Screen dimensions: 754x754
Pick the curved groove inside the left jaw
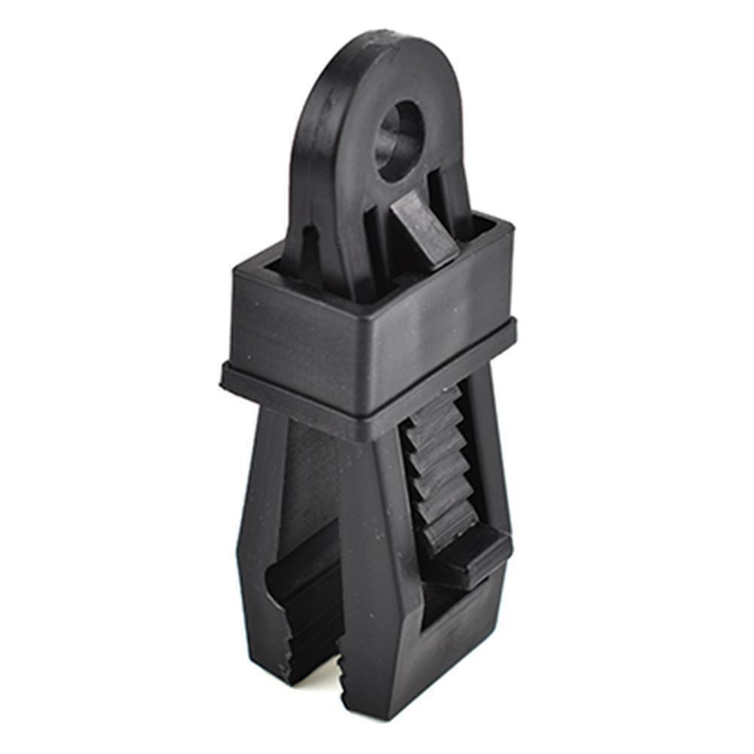301,595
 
